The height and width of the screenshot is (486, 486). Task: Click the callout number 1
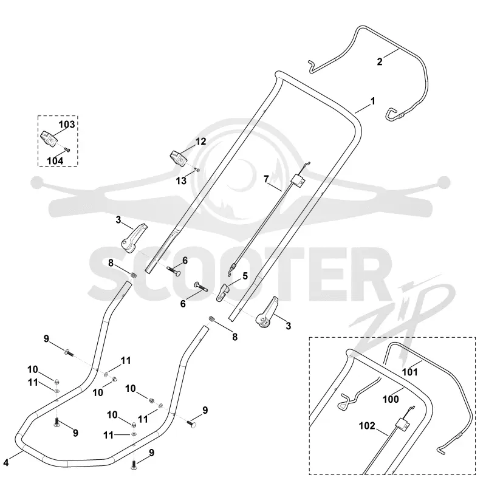click(x=373, y=101)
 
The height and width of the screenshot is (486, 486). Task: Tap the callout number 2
click(x=380, y=62)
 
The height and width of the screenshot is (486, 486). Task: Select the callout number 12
click(x=201, y=142)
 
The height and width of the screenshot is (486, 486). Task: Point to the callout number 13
click(x=181, y=180)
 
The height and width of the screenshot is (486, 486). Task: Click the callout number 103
click(x=67, y=125)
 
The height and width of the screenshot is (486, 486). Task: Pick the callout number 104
click(x=55, y=161)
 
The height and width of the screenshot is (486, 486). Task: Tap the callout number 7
click(x=266, y=179)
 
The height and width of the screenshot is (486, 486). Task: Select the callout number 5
click(x=245, y=276)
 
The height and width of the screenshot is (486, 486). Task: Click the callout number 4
click(x=6, y=463)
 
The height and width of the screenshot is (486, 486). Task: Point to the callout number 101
click(x=410, y=372)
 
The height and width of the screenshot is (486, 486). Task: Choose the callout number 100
click(x=391, y=399)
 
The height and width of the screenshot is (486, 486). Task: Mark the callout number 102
click(x=367, y=426)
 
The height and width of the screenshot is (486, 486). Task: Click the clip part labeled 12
click(x=178, y=158)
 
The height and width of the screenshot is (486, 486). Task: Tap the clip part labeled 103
click(x=49, y=139)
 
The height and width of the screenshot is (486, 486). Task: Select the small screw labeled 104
click(x=67, y=150)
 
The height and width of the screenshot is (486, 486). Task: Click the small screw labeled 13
click(x=197, y=169)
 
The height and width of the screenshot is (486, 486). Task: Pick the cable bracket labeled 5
click(x=222, y=292)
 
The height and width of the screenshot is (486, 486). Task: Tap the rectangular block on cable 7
click(x=298, y=180)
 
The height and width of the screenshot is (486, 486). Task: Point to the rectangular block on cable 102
click(x=403, y=423)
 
